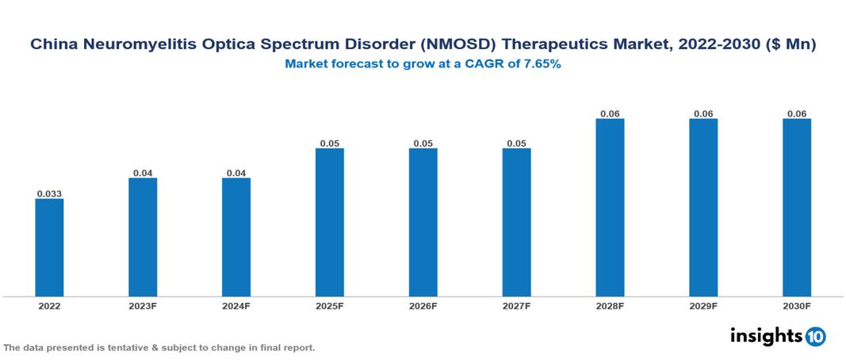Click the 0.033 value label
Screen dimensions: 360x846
[49, 193]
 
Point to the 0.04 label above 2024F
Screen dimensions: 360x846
[236, 172]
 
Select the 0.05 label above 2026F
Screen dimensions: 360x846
[423, 143]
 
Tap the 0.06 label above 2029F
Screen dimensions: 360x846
[703, 113]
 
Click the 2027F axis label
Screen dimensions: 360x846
[516, 306]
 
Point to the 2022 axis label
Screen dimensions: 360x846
[49, 306]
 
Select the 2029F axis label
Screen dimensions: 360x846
[703, 306]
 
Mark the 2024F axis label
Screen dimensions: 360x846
[236, 306]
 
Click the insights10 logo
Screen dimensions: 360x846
[778, 336]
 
